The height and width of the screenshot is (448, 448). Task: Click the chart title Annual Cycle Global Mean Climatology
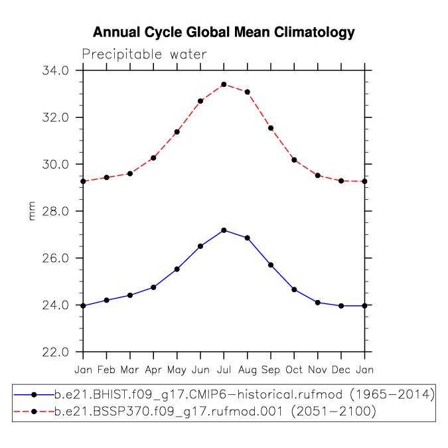224,33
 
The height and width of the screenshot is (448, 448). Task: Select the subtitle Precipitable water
144,54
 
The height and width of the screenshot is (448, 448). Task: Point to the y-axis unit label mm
32,211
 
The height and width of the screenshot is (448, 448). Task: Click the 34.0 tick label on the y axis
56,70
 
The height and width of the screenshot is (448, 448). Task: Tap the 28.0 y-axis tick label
56,211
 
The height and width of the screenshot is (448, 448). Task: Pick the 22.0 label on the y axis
56,352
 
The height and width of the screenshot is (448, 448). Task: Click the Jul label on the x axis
224,370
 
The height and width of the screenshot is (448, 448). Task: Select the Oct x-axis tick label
294,370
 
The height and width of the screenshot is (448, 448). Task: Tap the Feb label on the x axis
106,370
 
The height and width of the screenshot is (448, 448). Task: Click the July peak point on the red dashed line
224,84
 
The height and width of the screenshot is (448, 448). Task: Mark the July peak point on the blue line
224,230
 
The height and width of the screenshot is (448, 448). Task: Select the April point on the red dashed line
153,158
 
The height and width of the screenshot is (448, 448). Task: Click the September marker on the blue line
271,265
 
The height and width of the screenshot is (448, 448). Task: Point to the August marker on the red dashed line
248,92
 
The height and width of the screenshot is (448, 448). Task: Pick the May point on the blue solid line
177,269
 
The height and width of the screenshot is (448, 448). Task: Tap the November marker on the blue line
318,303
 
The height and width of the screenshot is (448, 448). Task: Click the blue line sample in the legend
34,395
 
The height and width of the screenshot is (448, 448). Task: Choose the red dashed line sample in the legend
34,411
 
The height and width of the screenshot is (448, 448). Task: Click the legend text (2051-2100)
333,411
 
